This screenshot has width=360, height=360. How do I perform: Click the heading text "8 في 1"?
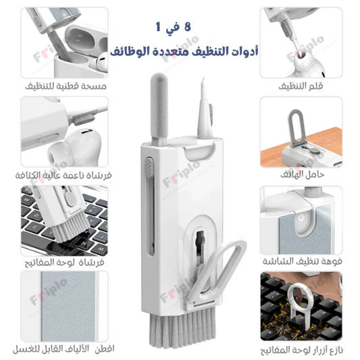[174, 27]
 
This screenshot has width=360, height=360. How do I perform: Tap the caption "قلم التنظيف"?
[301, 86]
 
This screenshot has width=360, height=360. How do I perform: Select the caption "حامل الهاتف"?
[302, 174]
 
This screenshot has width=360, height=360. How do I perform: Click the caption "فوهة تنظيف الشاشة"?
[302, 261]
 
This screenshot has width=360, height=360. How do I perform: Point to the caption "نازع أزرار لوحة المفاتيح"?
[302, 351]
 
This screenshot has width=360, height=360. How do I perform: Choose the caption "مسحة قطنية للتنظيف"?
[66, 86]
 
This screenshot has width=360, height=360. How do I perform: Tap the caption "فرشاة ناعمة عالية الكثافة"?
[63, 175]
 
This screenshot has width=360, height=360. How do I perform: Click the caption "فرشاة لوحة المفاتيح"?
[65, 262]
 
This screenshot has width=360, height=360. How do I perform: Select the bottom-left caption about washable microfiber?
[63, 349]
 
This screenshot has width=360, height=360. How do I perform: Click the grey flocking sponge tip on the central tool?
[159, 106]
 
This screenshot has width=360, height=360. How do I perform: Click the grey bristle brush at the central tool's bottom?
[182, 327]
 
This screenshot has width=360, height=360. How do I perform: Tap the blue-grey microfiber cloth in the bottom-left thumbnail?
[68, 306]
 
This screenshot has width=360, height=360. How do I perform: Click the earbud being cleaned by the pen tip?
[307, 63]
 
